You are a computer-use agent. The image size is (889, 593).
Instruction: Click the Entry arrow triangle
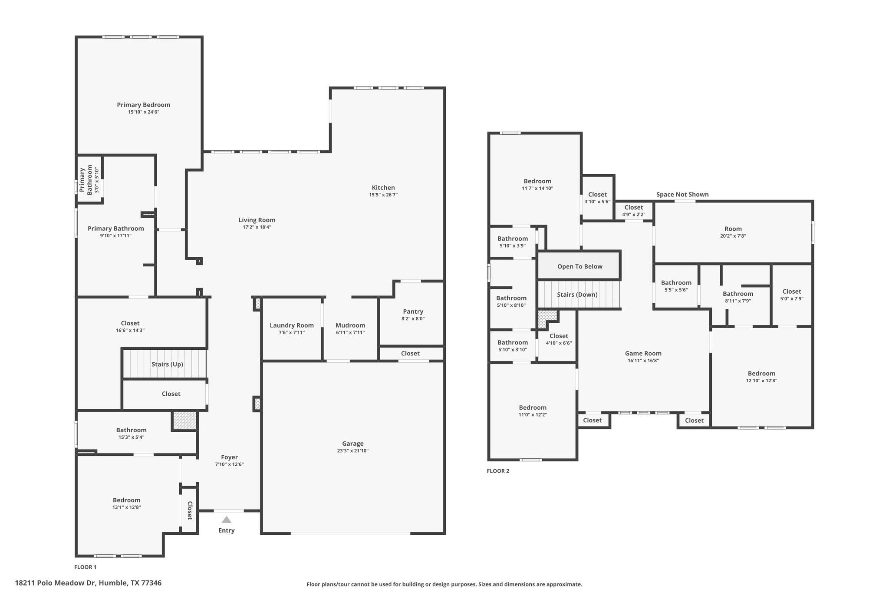click(x=226, y=520)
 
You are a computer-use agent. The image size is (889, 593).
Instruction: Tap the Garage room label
click(x=352, y=444)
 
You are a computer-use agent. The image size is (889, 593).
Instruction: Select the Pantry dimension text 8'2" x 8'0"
click(x=413, y=318)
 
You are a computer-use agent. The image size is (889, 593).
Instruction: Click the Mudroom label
click(x=350, y=325)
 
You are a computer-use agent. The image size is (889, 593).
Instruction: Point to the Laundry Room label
click(x=292, y=325)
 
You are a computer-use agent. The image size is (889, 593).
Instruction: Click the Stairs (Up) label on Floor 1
click(x=167, y=364)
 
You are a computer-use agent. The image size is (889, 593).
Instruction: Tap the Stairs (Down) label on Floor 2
click(x=577, y=295)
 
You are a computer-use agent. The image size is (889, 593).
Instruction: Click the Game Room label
click(x=643, y=353)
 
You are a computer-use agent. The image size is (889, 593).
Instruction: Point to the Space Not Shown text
click(x=682, y=194)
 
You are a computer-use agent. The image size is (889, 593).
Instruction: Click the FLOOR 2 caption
click(x=498, y=471)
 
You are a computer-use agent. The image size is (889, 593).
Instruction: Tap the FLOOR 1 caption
click(x=86, y=567)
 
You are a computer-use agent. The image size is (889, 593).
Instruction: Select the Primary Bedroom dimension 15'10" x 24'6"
click(x=144, y=112)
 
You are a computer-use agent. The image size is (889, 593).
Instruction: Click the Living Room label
click(x=257, y=220)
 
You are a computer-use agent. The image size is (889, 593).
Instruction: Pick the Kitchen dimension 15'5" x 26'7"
click(x=383, y=195)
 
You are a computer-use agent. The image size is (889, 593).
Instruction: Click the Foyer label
click(x=229, y=457)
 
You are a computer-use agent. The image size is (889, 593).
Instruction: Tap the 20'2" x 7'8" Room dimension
click(x=733, y=236)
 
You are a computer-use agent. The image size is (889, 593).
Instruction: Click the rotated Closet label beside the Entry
click(x=190, y=510)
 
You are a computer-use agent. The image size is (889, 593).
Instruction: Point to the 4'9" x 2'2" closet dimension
click(x=634, y=214)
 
